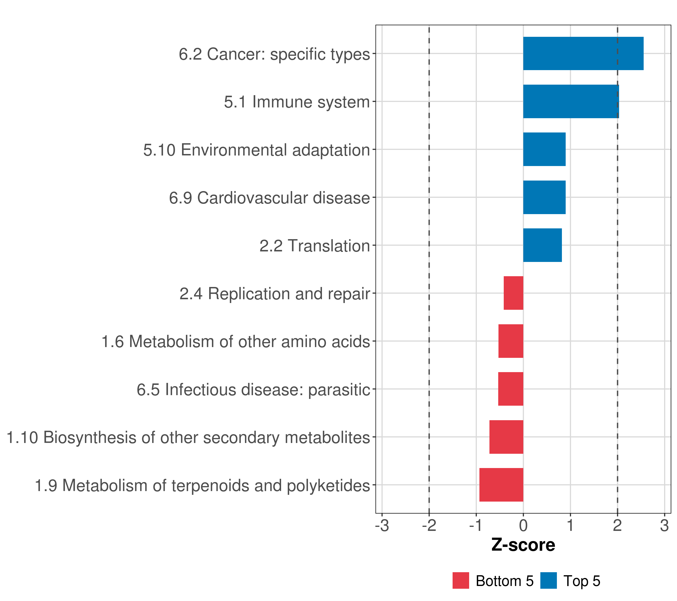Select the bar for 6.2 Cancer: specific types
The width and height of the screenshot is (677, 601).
point(583,54)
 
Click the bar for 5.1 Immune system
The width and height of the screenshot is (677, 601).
point(571,102)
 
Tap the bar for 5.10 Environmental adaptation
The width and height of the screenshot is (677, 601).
point(544,149)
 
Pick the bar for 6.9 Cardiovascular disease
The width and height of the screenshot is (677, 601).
point(544,198)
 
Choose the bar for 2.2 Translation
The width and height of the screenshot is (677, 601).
point(542,245)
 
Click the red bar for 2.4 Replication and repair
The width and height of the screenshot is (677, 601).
point(513,293)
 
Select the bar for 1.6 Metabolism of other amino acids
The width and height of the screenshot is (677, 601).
point(511,341)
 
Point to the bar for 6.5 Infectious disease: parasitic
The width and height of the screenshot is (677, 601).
point(511,389)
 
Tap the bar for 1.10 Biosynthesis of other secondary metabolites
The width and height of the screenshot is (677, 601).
point(506,437)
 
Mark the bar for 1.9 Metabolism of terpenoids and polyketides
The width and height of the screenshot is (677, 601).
point(501,485)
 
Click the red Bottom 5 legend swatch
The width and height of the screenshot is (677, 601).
point(461,580)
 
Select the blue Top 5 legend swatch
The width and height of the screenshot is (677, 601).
point(548,580)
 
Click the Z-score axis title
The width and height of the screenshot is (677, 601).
point(523,545)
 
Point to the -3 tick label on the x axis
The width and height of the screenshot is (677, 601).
point(382,526)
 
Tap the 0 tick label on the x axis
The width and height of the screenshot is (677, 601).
point(523,526)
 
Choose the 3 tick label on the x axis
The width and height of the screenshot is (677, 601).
point(664,526)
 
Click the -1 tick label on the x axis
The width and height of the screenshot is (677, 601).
point(476,526)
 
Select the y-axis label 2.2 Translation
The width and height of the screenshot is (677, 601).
point(314,246)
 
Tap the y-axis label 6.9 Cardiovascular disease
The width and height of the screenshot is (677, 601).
point(269,198)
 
